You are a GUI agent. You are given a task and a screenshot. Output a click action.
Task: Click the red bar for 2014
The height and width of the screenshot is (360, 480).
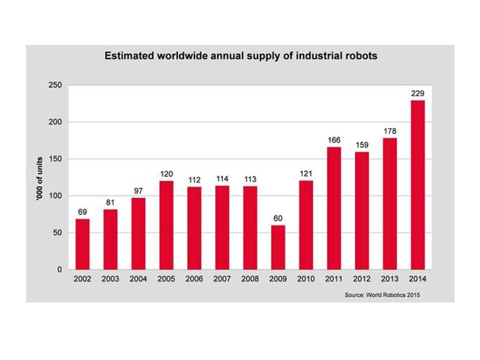pyautogui.click(x=417, y=185)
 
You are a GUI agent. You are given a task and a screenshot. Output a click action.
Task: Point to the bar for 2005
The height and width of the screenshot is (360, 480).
pyautogui.click(x=166, y=225)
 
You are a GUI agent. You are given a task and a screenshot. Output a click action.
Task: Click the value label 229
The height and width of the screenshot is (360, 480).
pyautogui.click(x=417, y=93)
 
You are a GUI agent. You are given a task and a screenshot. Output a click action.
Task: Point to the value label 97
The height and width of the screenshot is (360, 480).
pyautogui.click(x=138, y=190)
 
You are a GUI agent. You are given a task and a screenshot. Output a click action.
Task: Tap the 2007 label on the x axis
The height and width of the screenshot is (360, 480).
pyautogui.click(x=222, y=279)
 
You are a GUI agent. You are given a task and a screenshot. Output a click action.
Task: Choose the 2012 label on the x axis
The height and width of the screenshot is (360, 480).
pyautogui.click(x=361, y=279)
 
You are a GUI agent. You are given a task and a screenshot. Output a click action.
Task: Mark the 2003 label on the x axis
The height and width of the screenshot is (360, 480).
pyautogui.click(x=110, y=279)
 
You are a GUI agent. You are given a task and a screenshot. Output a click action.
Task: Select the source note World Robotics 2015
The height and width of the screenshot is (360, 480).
pyautogui.click(x=382, y=295)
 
